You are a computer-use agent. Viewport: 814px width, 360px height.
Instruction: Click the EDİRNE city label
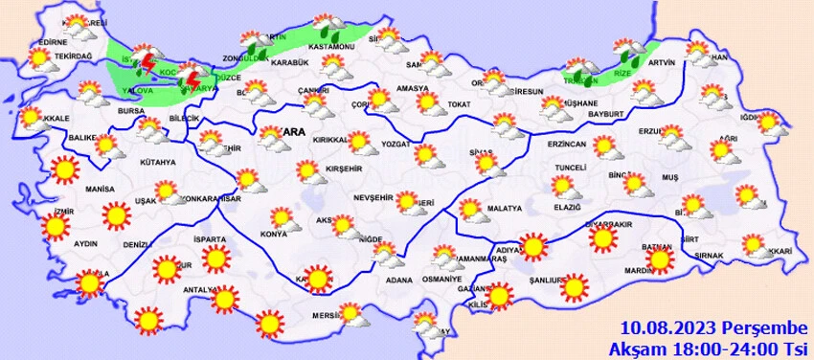(x=52, y=43)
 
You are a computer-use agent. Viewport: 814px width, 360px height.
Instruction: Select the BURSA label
(x=130, y=112)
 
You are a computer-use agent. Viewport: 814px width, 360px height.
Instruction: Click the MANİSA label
(x=99, y=191)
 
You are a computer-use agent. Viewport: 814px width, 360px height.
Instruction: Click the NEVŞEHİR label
(x=375, y=196)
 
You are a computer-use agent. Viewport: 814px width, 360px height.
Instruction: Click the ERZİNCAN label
(x=565, y=144)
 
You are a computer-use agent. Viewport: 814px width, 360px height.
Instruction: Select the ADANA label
(x=399, y=281)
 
